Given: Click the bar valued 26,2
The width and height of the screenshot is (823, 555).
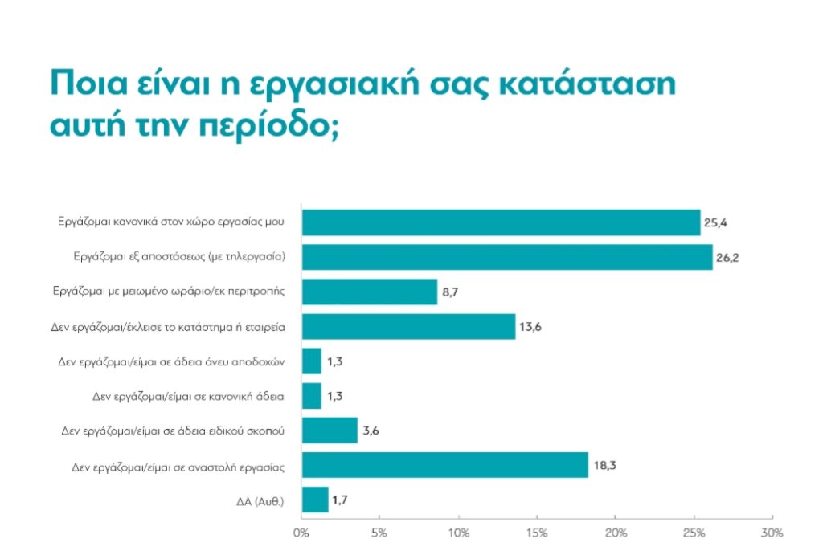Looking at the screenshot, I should [x=506, y=257].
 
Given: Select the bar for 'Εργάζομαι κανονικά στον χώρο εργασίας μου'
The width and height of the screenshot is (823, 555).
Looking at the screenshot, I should [x=501, y=222].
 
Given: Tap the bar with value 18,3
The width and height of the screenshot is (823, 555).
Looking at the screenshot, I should [x=444, y=465].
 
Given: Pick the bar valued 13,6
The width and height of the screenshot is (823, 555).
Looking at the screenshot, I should [x=408, y=326].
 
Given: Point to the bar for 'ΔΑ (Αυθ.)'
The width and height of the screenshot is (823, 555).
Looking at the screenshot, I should [x=314, y=500].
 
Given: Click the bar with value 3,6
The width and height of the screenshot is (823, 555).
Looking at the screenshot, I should [x=329, y=431].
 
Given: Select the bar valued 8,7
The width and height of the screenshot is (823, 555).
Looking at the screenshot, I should [x=369, y=292].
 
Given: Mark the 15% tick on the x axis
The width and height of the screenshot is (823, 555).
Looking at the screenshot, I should [x=537, y=533].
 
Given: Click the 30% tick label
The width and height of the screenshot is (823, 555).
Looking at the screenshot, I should [x=772, y=533].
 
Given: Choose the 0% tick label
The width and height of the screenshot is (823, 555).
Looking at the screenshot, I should [x=301, y=533].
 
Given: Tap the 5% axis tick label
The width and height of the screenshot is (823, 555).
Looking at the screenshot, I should [x=379, y=533].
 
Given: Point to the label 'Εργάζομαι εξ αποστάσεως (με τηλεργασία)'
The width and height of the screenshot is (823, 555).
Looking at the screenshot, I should [x=179, y=257].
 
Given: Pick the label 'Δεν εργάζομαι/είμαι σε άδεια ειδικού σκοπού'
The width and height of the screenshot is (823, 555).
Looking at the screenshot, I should [x=178, y=431].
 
